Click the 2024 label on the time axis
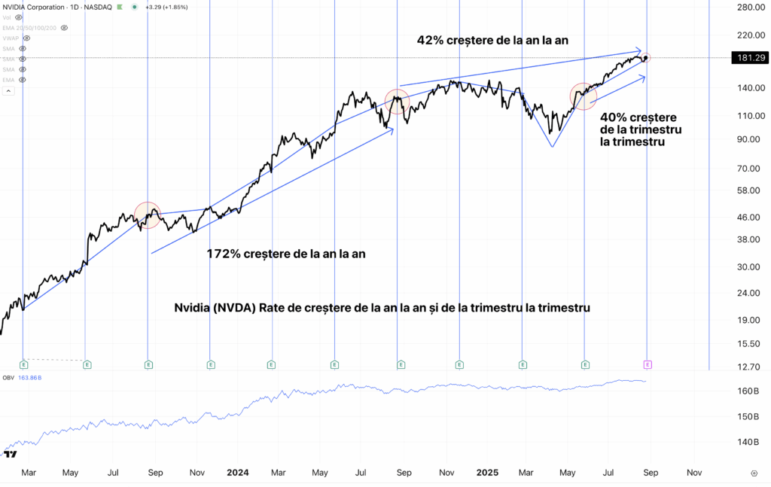tap(238, 473)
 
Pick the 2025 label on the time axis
tap(487, 473)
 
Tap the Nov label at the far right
tap(694, 473)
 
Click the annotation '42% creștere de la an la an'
tap(502, 40)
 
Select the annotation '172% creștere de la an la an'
tap(286, 254)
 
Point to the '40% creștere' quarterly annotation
tap(638, 117)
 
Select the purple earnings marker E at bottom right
tap(648, 364)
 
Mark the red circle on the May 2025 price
tap(584, 96)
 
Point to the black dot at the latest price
tap(646, 58)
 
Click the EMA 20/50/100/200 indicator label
tap(29, 27)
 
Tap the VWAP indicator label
tap(11, 38)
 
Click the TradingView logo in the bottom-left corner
tap(11, 455)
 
